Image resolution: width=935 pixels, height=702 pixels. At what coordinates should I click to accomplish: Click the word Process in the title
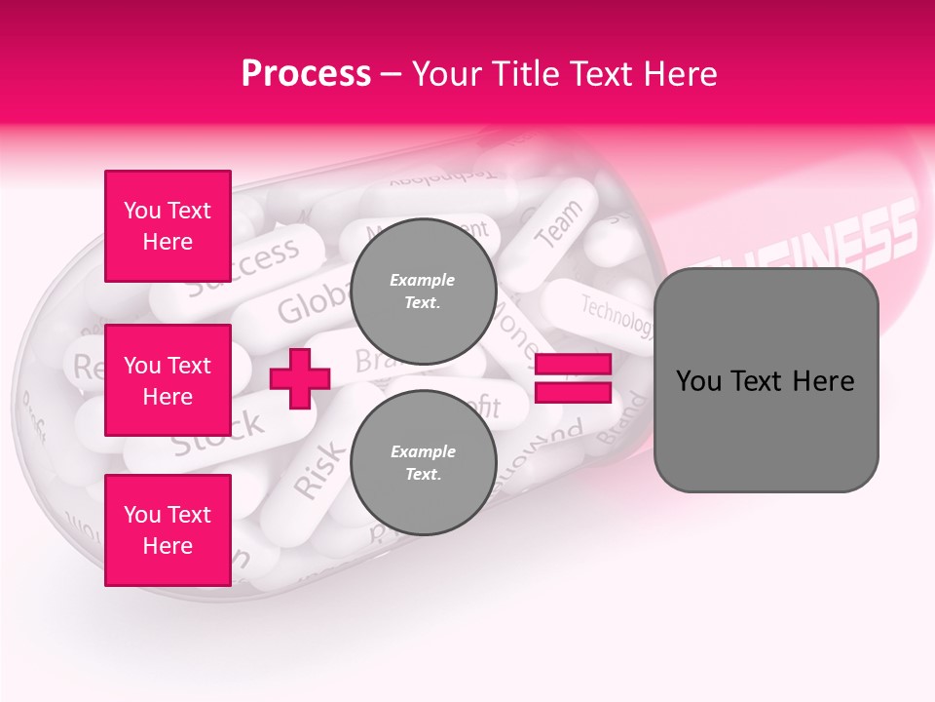[x=306, y=74]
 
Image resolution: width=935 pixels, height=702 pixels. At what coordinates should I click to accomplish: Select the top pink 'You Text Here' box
[x=168, y=226]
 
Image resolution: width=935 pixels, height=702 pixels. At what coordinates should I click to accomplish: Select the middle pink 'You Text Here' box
[x=168, y=380]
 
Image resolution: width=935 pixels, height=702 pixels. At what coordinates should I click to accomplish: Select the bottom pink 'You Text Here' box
[x=168, y=530]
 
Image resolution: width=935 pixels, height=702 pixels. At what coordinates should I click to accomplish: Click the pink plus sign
[x=300, y=378]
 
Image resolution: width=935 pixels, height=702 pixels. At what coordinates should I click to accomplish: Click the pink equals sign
[x=574, y=378]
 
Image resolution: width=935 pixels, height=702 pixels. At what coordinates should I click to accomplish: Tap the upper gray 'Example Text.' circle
[x=423, y=292]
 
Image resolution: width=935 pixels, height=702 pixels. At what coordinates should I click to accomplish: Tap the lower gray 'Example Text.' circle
[x=423, y=463]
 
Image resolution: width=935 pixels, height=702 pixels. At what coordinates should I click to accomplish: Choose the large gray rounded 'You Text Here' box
[x=766, y=380]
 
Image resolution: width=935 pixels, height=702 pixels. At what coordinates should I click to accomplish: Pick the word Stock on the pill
[x=218, y=432]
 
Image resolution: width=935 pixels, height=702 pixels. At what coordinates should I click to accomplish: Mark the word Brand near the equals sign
[x=620, y=419]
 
